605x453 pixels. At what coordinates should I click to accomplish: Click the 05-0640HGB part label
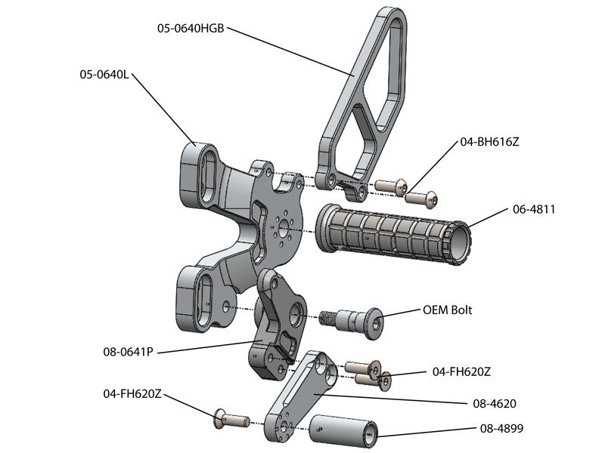[x=191, y=29]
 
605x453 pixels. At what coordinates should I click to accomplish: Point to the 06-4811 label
[x=534, y=209]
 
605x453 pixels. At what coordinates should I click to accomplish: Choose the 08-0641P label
[x=129, y=351]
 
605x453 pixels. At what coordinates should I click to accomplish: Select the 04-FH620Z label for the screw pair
[x=462, y=371]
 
